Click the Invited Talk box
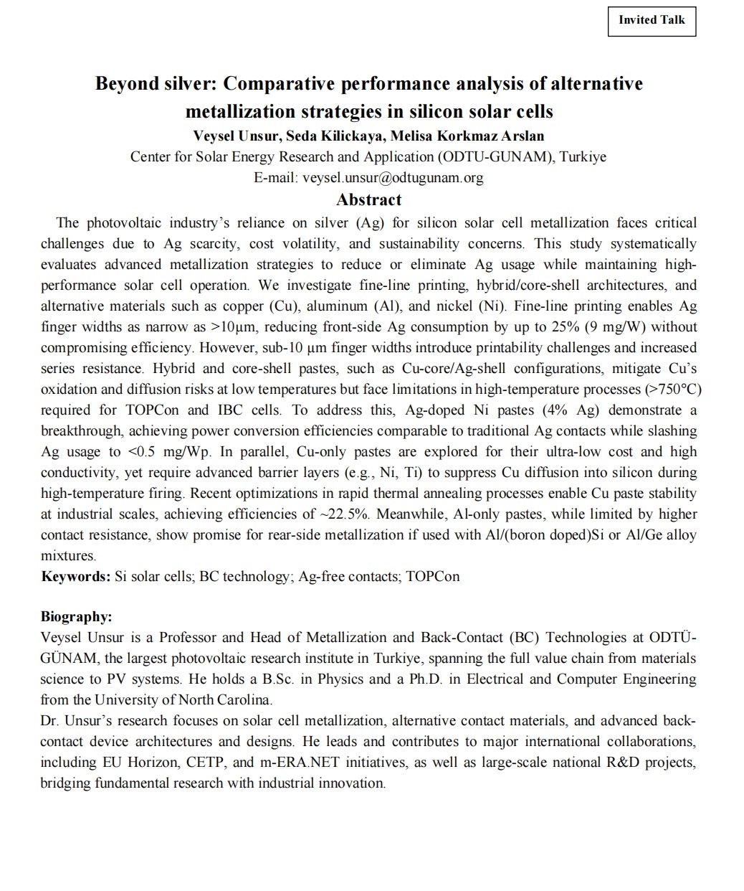pyautogui.click(x=652, y=20)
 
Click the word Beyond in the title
pyautogui.click(x=126, y=84)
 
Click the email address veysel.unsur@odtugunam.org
pyautogui.click(x=393, y=177)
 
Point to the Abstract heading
pyautogui.click(x=368, y=199)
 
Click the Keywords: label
pyautogui.click(x=75, y=577)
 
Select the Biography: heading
pyautogui.click(x=76, y=617)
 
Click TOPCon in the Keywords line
pyautogui.click(x=432, y=577)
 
